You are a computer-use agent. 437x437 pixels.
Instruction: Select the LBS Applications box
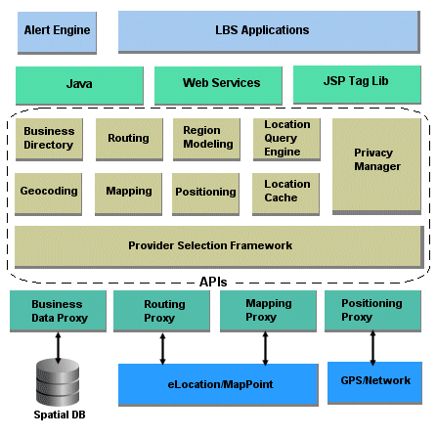(261, 31)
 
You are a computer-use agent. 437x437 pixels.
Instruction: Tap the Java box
(79, 84)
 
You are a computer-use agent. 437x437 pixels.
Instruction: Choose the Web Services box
(216, 84)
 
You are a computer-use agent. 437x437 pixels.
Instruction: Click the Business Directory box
(48, 139)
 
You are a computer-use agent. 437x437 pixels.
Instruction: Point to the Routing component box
(128, 139)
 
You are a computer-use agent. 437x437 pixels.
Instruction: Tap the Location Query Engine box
(286, 138)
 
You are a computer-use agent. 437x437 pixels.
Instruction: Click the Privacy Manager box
(376, 162)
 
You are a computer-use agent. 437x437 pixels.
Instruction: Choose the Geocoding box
(48, 193)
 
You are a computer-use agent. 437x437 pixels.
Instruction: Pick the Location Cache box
(286, 192)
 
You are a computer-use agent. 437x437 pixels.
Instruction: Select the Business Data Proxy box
(59, 312)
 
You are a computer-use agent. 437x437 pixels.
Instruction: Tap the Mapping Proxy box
(268, 311)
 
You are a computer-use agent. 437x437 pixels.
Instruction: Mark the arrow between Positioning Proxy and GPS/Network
(371, 347)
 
